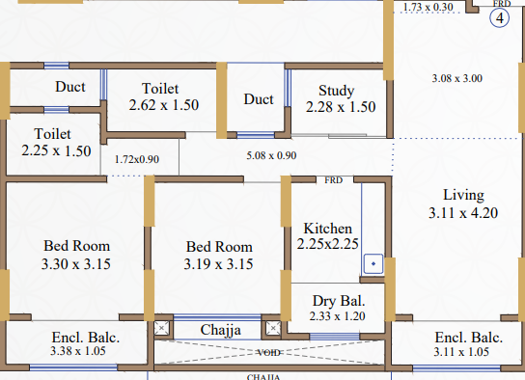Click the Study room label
[x=337, y=91]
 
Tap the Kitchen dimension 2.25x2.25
[x=327, y=244]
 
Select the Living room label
[x=464, y=195]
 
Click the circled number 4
[x=500, y=17]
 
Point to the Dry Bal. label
[x=339, y=301]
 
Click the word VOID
[x=269, y=353]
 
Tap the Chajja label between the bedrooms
[x=220, y=330]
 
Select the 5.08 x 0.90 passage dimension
[x=271, y=155]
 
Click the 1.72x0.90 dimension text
[x=137, y=159]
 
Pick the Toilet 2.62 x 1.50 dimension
[x=164, y=105]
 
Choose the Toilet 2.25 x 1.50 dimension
[x=56, y=150]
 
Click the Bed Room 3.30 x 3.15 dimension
[x=76, y=264]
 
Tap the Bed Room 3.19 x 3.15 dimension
[x=218, y=264]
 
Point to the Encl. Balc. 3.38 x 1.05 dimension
[x=78, y=351]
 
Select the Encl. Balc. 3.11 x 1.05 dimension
[x=461, y=352]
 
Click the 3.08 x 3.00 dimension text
[x=457, y=78]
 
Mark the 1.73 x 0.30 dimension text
[x=428, y=7]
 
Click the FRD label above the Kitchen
[x=334, y=180]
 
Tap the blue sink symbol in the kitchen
[x=373, y=264]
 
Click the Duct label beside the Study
[x=259, y=99]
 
